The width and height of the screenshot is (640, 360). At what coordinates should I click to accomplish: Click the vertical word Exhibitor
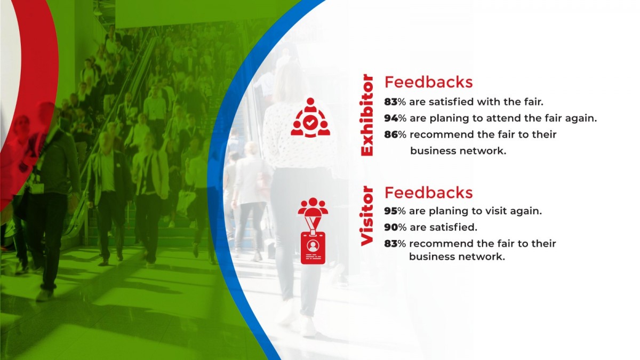point(367,115)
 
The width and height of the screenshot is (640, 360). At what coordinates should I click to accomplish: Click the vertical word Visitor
point(367,216)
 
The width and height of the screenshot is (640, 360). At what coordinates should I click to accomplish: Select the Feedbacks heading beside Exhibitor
point(429,82)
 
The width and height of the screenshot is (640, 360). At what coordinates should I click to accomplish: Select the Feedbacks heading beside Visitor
point(429,193)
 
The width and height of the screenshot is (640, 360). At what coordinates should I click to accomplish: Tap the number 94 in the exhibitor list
point(391,118)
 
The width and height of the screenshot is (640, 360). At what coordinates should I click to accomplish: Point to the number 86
point(391,134)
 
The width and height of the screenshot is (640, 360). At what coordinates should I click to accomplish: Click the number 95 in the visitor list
point(391,211)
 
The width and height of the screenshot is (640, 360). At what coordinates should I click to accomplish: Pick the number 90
point(391,227)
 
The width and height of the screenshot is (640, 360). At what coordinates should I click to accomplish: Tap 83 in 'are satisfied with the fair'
point(391,102)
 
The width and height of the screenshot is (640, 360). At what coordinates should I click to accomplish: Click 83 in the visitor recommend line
point(391,243)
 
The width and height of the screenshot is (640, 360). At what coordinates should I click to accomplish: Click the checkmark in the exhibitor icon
point(310,123)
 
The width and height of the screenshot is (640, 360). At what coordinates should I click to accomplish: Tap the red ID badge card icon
point(313,247)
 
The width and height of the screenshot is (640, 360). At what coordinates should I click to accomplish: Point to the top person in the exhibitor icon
point(310,105)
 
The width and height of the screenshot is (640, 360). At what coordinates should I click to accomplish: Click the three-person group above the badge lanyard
point(313,206)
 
